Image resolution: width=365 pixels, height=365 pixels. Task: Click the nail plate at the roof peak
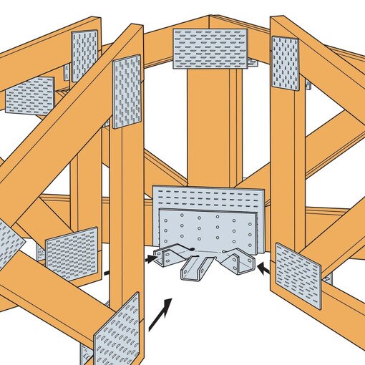tap(210, 49)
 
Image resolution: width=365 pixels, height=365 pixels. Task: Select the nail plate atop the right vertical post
tap(285, 63)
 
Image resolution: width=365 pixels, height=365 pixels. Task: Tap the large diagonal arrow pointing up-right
tap(160, 315)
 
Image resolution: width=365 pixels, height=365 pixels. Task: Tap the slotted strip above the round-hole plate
tap(208, 198)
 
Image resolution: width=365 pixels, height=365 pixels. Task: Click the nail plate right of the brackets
tap(298, 275)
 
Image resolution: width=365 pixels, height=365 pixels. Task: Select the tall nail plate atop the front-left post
tap(127, 92)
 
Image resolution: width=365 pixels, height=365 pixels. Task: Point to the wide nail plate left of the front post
tap(72, 253)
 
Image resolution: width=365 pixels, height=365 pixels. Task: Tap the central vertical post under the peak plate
tap(210, 129)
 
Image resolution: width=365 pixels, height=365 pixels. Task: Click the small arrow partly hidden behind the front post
tap(105, 272)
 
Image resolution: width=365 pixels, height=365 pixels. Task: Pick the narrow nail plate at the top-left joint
tap(84, 56)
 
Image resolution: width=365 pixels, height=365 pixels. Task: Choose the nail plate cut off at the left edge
tap(9, 243)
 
